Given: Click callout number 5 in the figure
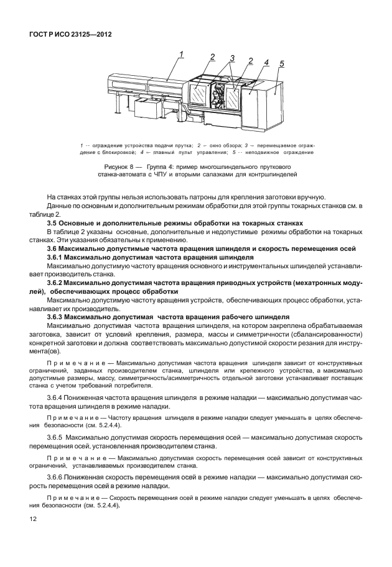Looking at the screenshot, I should pos(281,64).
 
